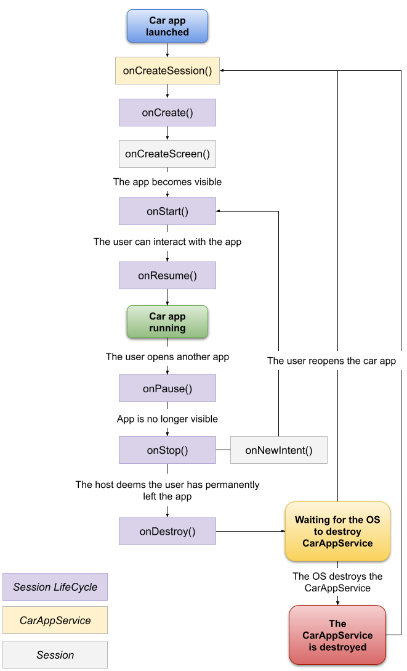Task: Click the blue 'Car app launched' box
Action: coord(167,26)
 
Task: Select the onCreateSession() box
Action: coord(167,71)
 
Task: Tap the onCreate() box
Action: coord(167,113)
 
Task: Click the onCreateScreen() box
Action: coord(167,154)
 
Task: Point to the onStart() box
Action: coord(167,212)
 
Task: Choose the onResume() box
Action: coord(167,276)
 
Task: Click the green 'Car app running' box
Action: coord(167,322)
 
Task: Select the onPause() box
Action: coord(167,389)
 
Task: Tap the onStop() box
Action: coord(167,450)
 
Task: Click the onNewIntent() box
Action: coord(279,450)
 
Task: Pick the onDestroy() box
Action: coord(167,531)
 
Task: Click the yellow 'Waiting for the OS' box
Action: coord(337,531)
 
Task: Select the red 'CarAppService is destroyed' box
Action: coord(337,635)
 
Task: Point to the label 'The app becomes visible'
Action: coord(167,182)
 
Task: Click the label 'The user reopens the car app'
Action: coord(331,361)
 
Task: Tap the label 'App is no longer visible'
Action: coord(167,419)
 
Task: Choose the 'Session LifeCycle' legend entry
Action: coord(55,587)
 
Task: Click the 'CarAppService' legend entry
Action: coord(55,620)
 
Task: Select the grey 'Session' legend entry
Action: coord(55,655)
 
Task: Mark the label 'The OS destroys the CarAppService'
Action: coord(337,582)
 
